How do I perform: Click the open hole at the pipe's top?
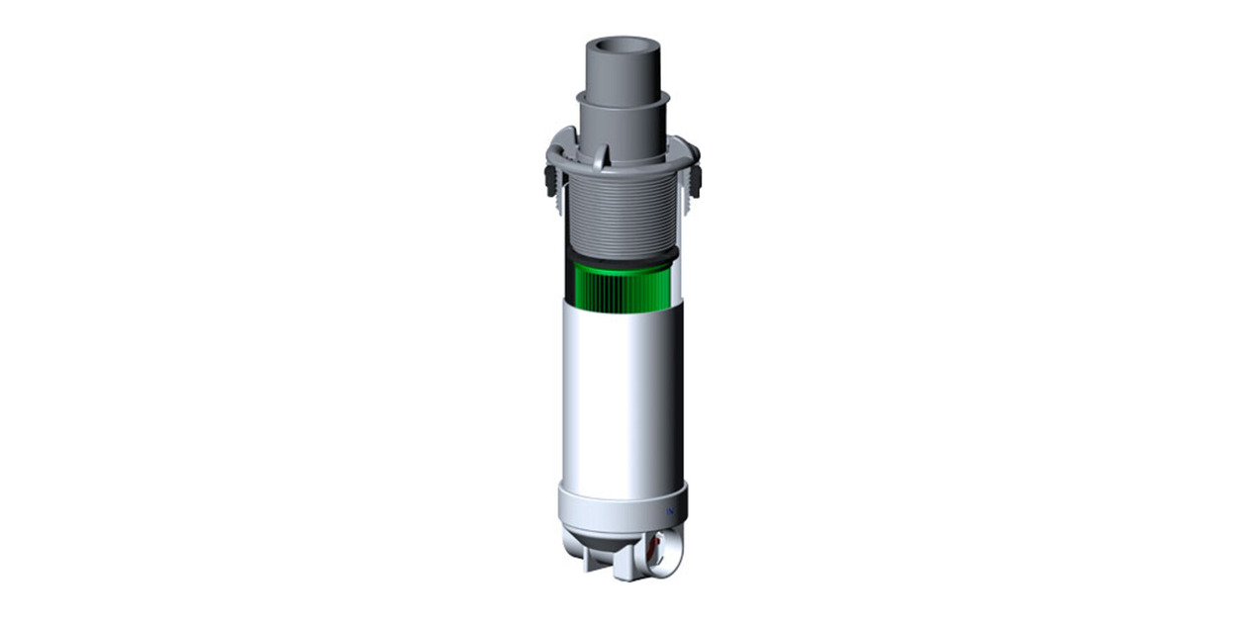[622, 49]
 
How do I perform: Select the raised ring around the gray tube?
[623, 100]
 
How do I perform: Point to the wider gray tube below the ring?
[623, 129]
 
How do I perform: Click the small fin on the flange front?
[601, 156]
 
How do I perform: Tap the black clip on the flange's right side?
[697, 178]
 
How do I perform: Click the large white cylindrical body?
[622, 396]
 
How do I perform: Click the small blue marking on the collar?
[669, 511]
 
